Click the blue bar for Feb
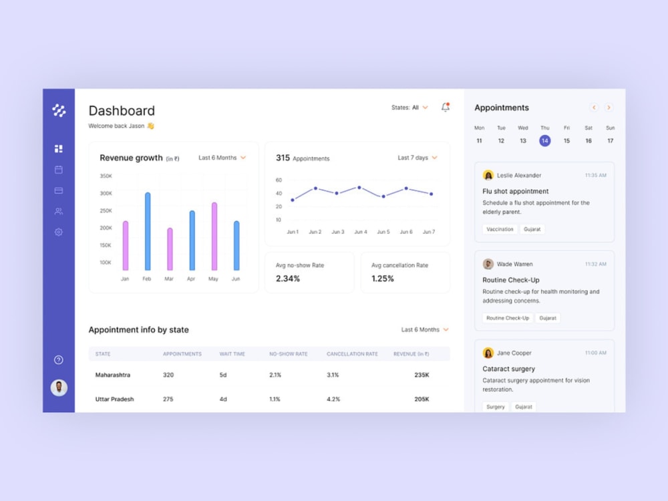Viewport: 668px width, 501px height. click(x=148, y=231)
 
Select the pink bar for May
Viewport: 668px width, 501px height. click(x=214, y=236)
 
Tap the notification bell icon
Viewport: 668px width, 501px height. click(x=445, y=108)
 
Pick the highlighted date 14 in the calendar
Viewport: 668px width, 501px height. click(x=544, y=140)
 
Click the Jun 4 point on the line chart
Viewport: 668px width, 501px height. click(x=359, y=188)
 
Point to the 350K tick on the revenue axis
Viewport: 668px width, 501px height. click(x=106, y=176)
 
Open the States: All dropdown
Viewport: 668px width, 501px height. click(x=409, y=108)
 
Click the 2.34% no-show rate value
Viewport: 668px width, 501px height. click(x=287, y=279)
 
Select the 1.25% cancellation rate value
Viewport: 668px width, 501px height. click(x=383, y=279)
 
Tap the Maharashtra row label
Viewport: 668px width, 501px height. click(x=112, y=375)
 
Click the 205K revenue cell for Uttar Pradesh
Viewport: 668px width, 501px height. click(x=422, y=399)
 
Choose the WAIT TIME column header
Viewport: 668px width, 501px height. click(x=232, y=354)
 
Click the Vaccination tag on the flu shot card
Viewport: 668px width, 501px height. click(x=500, y=229)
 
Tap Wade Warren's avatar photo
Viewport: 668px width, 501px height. click(x=488, y=264)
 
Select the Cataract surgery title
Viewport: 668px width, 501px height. click(x=508, y=369)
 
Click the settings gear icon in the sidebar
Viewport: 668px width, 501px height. click(x=59, y=232)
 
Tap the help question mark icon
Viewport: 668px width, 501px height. click(x=59, y=360)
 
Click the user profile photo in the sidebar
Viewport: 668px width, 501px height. click(x=59, y=387)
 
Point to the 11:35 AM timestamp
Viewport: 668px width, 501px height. click(x=596, y=175)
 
